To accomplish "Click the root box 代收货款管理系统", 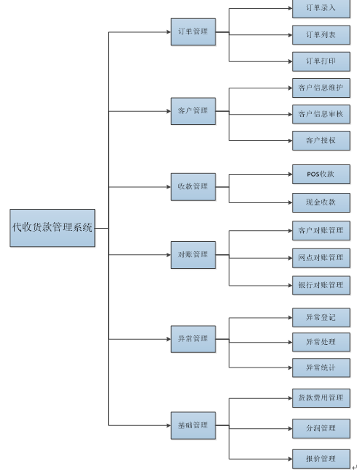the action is (x=53, y=228).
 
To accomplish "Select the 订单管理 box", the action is (x=193, y=32).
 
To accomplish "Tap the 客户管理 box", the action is (x=193, y=111).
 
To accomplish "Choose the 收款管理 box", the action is (x=193, y=187).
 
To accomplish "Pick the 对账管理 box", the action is (x=193, y=255).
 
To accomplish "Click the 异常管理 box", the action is (x=193, y=339).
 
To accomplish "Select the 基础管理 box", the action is (x=193, y=426).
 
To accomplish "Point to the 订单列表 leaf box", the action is (x=321, y=35).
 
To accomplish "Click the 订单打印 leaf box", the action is (x=321, y=61).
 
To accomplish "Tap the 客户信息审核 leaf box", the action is (x=321, y=114).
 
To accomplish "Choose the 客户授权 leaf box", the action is (x=321, y=140).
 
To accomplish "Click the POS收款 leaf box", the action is (x=321, y=174).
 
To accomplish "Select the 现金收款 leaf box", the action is (x=321, y=202).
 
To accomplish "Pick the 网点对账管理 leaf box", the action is (x=321, y=258).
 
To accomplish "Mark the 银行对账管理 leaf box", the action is (x=321, y=286).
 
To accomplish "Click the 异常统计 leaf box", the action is (x=321, y=368).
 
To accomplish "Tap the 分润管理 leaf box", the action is (x=321, y=428).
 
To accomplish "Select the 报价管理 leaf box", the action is (x=321, y=459).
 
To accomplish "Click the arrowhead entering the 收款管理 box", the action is (x=169, y=187).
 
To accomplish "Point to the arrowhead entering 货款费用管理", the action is (x=290, y=398).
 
